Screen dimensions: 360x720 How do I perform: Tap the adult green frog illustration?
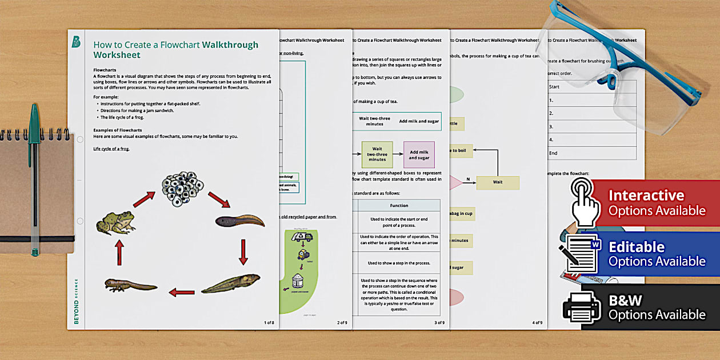[x=115, y=222]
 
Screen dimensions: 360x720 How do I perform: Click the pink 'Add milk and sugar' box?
[x=419, y=154]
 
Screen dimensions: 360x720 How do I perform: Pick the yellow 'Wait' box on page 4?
[x=498, y=183]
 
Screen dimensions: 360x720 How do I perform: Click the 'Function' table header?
[x=399, y=205]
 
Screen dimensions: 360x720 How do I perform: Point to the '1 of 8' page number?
[x=269, y=323]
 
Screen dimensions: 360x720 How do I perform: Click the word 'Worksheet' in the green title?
[x=117, y=55]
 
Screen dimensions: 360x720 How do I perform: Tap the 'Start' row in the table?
[x=591, y=87]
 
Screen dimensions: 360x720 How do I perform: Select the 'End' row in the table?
[x=591, y=153]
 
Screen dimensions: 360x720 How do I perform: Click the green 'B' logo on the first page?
[x=76, y=41]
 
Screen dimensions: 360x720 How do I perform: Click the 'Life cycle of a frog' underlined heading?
[x=111, y=149]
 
